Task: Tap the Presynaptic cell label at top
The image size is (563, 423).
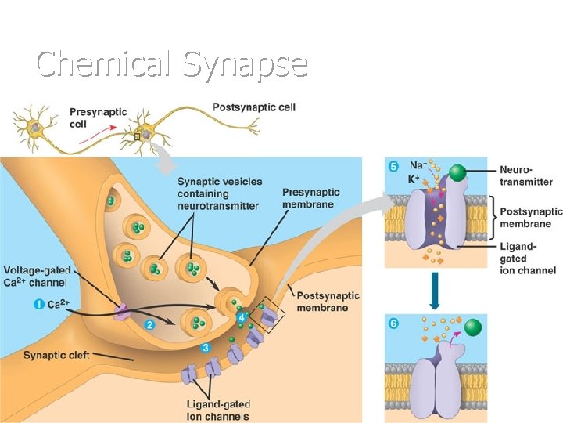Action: coord(98,118)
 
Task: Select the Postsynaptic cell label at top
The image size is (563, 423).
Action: coord(254,107)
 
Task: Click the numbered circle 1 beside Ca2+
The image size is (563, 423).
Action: coord(38,304)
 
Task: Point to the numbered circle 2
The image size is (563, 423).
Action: coord(149,322)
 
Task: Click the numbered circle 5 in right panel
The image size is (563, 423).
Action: coord(393,166)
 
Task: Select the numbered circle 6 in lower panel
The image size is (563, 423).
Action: coord(393,321)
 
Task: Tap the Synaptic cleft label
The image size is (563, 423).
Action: coord(56,355)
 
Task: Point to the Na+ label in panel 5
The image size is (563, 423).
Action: coord(419,165)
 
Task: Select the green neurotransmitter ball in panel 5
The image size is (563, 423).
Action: coord(459,173)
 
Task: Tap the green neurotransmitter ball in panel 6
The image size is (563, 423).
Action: coord(472,327)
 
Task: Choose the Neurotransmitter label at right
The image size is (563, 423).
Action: coord(525,176)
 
